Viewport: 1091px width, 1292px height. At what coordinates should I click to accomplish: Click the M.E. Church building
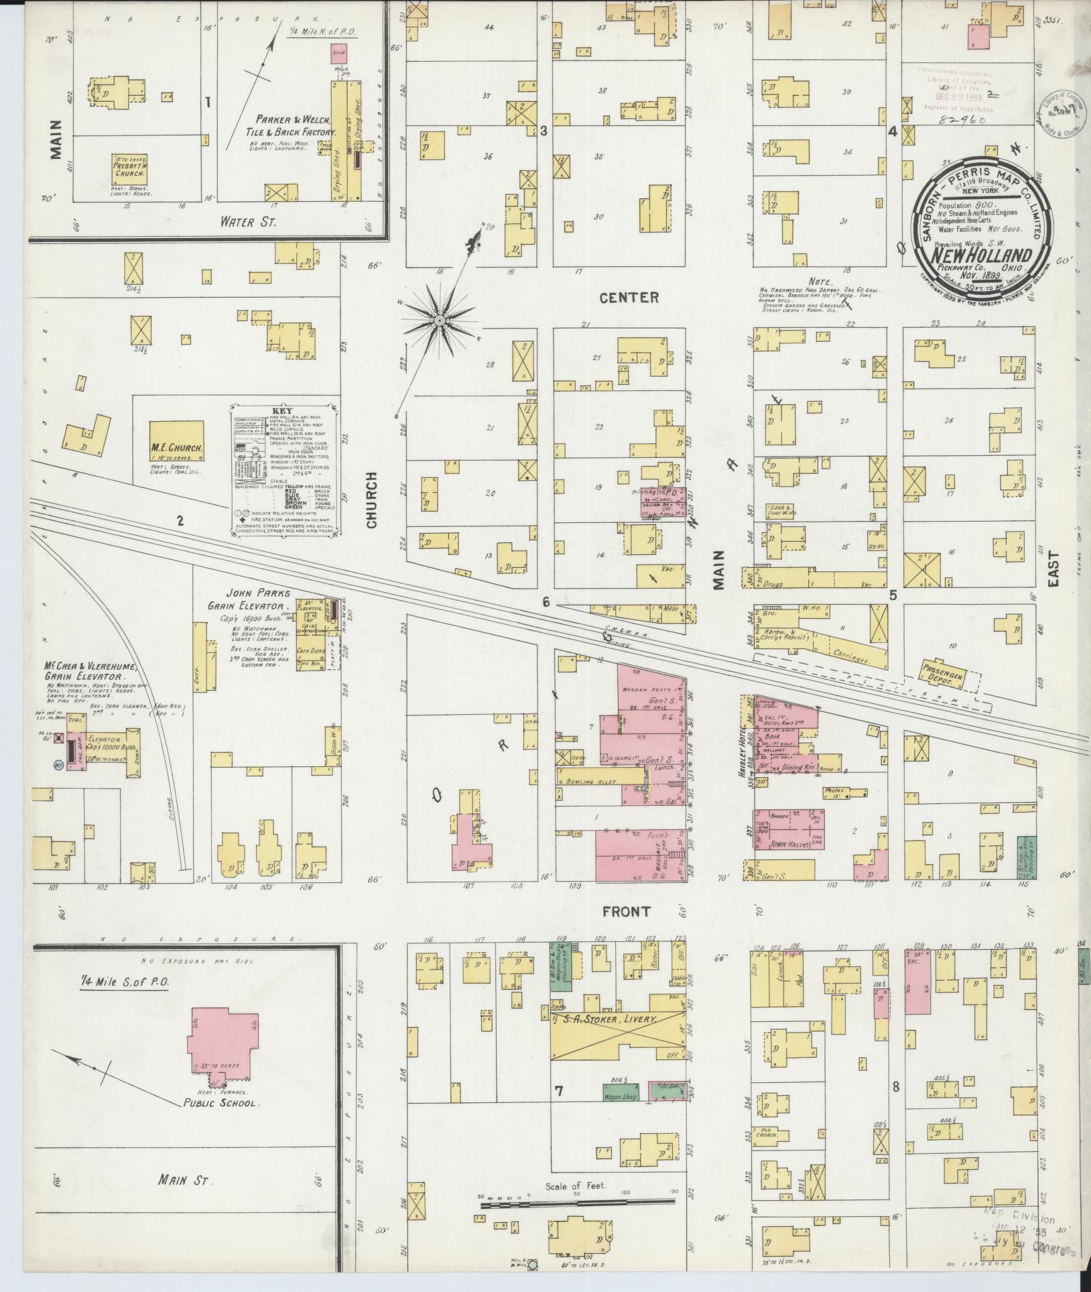point(176,441)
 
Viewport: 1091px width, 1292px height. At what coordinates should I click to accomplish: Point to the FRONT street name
point(626,912)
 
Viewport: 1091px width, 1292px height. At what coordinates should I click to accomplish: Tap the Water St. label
point(247,222)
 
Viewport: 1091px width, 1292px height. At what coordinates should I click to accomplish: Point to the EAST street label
point(1053,569)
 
